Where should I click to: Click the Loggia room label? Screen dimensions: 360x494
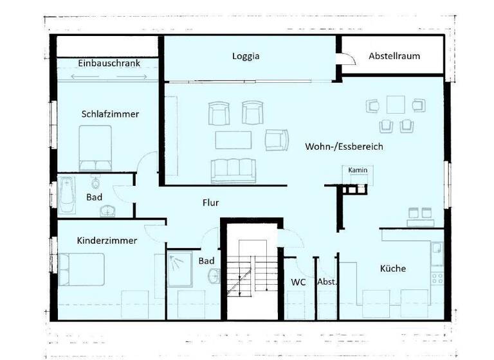246,56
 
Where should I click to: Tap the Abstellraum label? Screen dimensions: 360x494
394,56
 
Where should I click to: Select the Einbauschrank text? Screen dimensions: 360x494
109,63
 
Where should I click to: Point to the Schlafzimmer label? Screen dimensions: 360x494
110,114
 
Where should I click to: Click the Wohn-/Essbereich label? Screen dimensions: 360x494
343,147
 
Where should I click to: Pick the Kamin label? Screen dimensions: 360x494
357,170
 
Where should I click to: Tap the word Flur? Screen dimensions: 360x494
210,203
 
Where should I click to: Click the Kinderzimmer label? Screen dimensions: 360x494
107,240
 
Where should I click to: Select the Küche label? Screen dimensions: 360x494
392,268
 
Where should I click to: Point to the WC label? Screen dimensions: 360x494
298,282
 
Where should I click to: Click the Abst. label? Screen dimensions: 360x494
327,282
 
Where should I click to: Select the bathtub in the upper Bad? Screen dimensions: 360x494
66,196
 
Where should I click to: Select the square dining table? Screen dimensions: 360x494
395,104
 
